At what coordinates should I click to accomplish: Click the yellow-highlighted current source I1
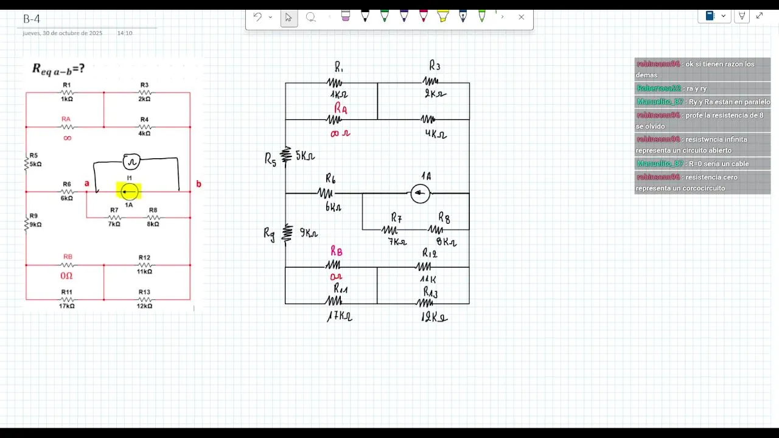pos(129,192)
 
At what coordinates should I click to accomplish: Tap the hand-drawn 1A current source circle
pos(420,193)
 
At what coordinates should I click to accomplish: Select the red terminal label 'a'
pos(87,184)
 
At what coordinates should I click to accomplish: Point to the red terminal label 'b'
pos(198,184)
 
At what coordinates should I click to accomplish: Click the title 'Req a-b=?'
pos(58,70)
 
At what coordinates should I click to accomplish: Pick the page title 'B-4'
pos(32,19)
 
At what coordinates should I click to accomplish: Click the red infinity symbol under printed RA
pos(67,138)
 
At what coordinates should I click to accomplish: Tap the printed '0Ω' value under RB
pos(66,276)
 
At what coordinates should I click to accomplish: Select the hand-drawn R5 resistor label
pos(270,159)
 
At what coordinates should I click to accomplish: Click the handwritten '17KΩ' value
pos(339,316)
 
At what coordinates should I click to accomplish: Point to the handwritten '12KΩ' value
pos(434,317)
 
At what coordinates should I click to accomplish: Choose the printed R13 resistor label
pos(144,292)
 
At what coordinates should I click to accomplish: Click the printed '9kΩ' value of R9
pos(35,224)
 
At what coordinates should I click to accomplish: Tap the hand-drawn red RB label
pos(336,252)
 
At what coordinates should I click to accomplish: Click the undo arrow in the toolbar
pos(257,17)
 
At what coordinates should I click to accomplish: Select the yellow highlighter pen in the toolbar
pos(443,16)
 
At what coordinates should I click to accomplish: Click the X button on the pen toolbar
pos(521,17)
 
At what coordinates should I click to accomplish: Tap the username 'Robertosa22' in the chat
pos(658,88)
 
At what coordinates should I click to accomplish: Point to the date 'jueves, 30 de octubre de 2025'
pos(63,33)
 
